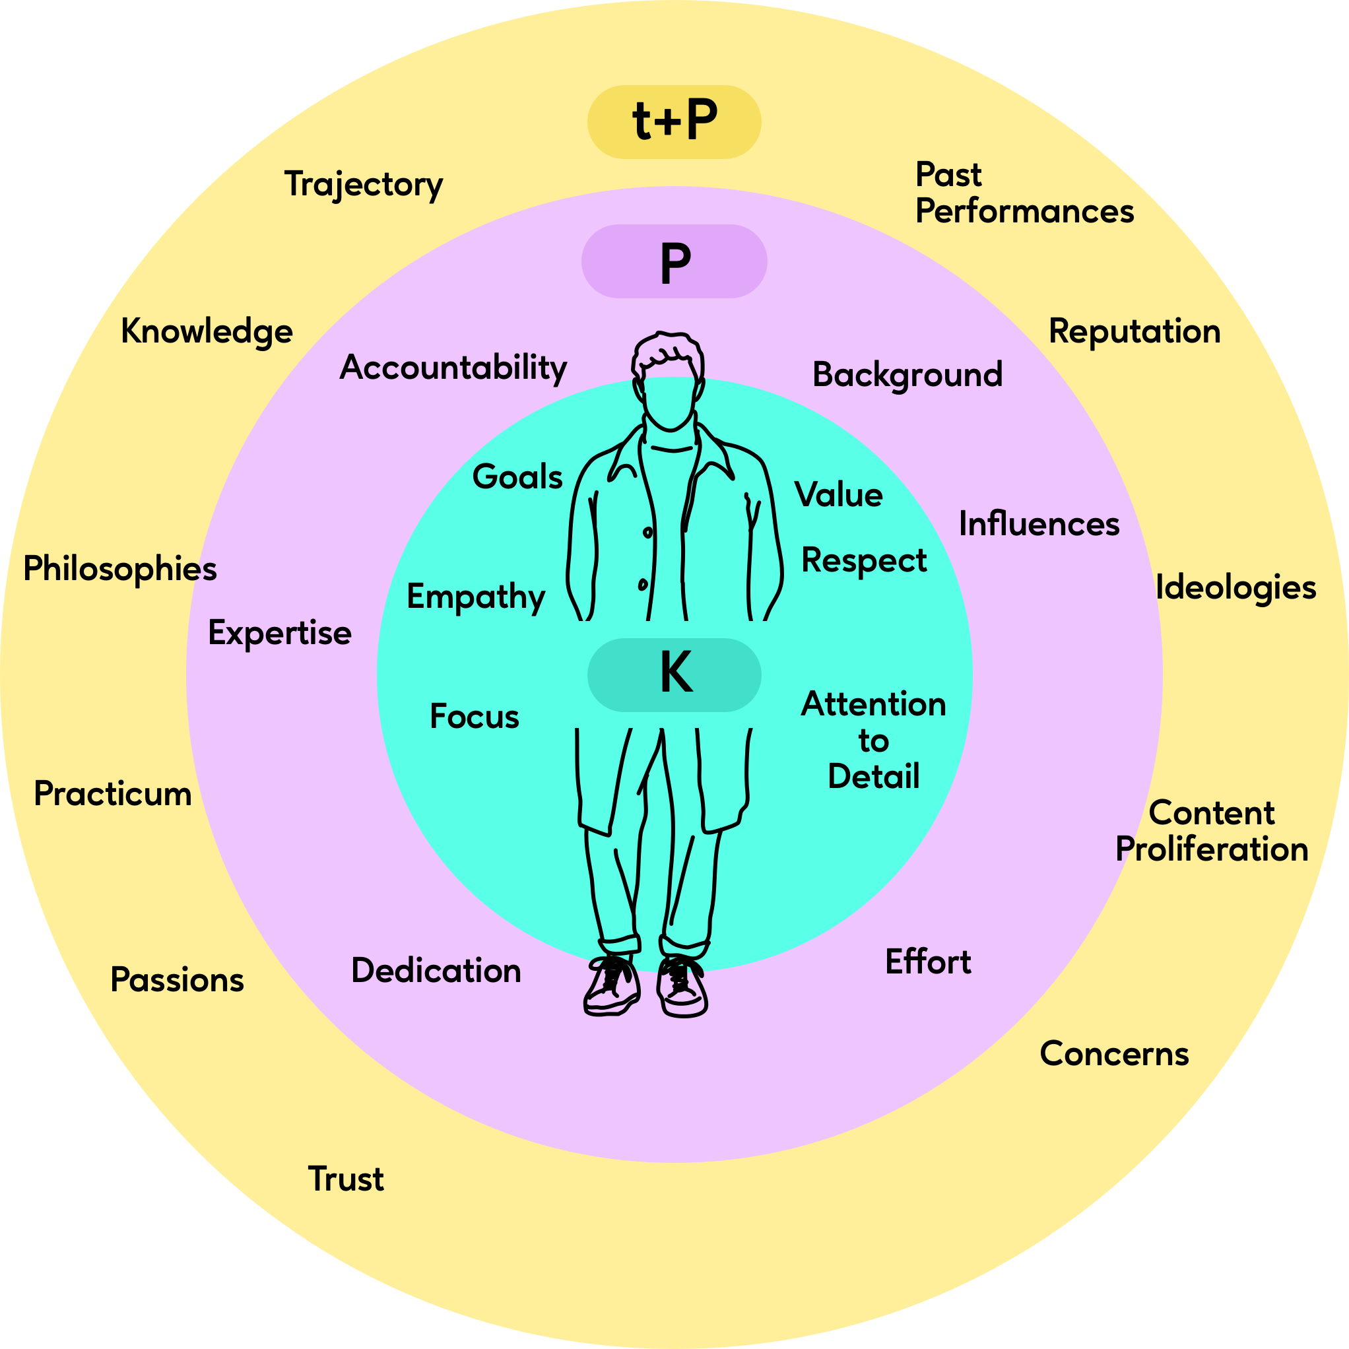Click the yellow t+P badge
pos(674,121)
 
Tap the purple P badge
pos(674,262)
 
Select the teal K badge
pos(674,674)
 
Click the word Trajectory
pos(363,184)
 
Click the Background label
pos(907,375)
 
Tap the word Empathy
pos(475,597)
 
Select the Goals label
pos(517,477)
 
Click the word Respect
pos(864,560)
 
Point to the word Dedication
pos(436,971)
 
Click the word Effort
pos(927,962)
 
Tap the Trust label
pos(346,1179)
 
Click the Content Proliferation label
pos(1212,831)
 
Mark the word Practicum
pos(112,794)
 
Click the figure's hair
pos(667,349)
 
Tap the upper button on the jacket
pos(648,533)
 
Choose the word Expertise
pos(279,634)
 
